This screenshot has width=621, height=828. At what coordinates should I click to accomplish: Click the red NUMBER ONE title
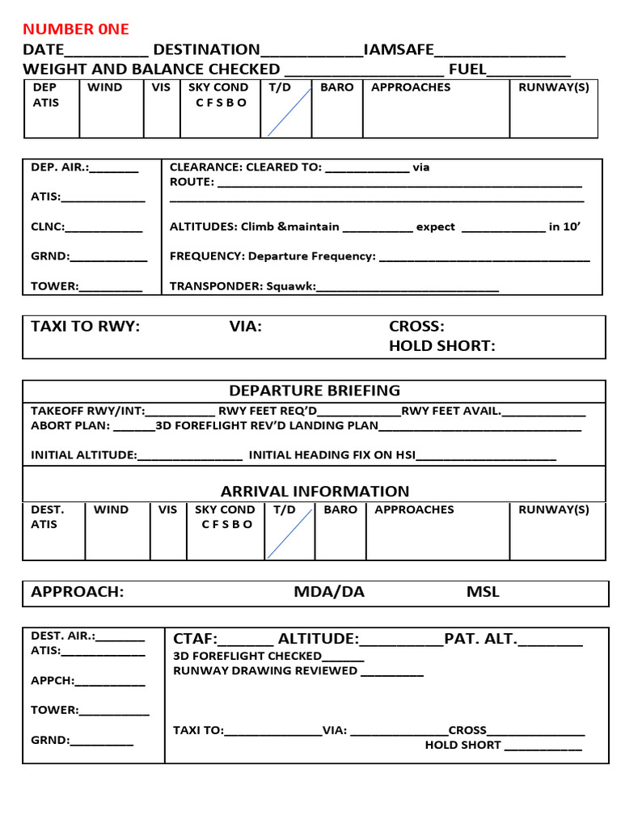76,29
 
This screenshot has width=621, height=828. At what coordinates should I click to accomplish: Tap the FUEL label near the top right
467,70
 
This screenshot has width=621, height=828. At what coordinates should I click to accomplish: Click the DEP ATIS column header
45,95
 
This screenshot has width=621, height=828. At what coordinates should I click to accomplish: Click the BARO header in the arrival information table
340,510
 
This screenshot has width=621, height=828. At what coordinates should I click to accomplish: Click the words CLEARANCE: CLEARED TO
245,168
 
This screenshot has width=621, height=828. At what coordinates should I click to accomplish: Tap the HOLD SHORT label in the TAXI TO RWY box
441,346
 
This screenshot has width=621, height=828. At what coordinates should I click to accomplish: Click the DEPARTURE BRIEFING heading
314,391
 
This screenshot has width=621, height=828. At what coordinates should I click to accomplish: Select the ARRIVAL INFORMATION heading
315,492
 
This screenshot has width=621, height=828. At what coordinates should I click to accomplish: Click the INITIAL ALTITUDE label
83,455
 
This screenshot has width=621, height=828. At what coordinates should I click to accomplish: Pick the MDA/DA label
329,592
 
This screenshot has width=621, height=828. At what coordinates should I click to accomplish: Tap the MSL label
483,592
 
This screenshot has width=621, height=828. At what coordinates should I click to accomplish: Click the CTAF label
195,640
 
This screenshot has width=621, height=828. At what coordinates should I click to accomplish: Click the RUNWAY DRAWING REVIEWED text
265,671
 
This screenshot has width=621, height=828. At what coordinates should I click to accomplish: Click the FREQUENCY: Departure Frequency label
272,256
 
